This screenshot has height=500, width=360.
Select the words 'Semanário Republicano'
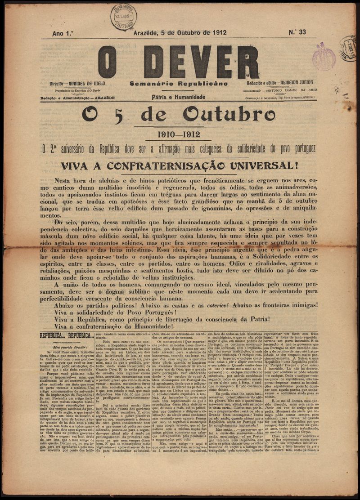[x=179, y=84]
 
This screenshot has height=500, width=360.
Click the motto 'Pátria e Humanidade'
[x=179, y=97]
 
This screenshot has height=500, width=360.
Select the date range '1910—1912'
[x=178, y=134]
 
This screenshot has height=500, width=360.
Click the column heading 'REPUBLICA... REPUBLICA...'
[x=66, y=335]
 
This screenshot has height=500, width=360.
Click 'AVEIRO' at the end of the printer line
[x=308, y=97]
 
